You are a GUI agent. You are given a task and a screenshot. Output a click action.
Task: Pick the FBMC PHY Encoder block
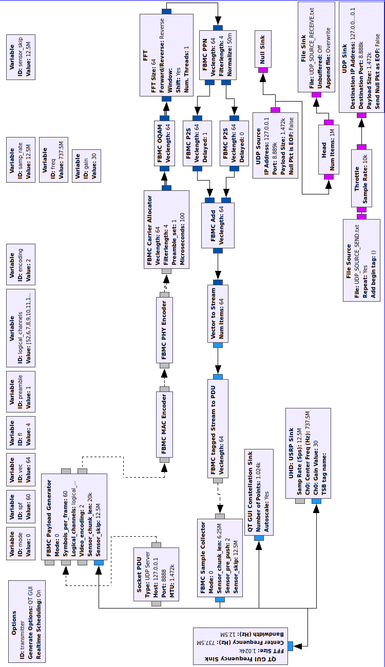pyautogui.click(x=164, y=329)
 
